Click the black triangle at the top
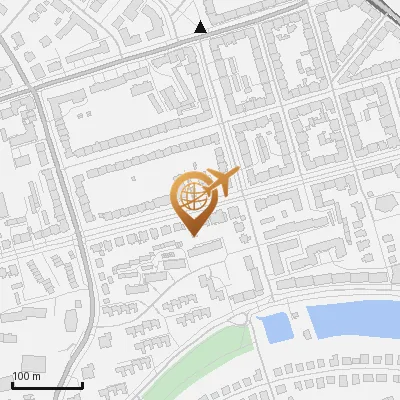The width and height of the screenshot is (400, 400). click(201, 28)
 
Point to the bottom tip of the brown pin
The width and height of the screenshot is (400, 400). click(191, 234)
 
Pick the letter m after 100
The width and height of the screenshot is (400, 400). click(36, 376)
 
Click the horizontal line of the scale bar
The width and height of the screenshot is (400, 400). click(46, 385)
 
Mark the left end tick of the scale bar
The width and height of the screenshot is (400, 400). click(11, 383)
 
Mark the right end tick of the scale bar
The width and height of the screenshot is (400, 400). click(82, 383)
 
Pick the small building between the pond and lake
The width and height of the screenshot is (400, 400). click(297, 322)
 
